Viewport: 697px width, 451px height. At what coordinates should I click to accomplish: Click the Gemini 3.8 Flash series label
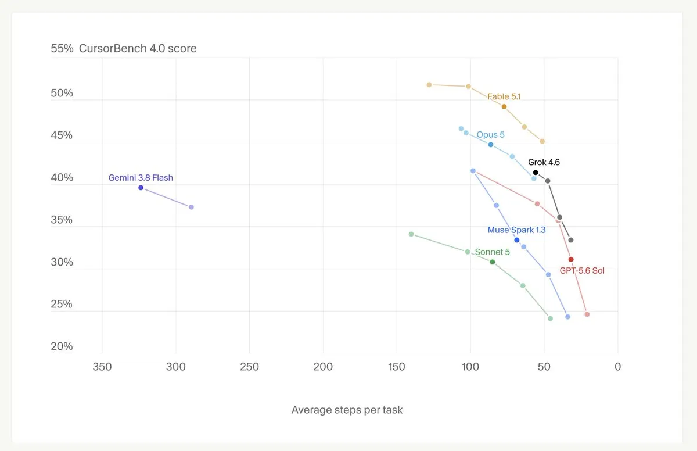[141, 178]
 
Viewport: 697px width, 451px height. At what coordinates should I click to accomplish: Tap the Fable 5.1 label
[504, 97]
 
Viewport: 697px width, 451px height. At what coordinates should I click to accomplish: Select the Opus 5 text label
[490, 135]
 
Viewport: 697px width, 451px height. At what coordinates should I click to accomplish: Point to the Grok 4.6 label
[544, 162]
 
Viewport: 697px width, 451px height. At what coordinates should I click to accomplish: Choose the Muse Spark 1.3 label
[516, 230]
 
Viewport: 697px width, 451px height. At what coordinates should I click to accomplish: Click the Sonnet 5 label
[493, 252]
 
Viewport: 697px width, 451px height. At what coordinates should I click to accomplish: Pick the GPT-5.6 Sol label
[582, 271]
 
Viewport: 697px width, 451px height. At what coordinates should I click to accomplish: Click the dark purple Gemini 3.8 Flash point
[141, 188]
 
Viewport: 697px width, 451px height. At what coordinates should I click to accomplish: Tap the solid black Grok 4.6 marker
[536, 173]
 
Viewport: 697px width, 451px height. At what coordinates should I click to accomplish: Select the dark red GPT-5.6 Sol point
[571, 259]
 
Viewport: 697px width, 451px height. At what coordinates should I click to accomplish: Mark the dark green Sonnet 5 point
[493, 262]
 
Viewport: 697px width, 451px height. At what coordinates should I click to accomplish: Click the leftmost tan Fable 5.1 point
[429, 85]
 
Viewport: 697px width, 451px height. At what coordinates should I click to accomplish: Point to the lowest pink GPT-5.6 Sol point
[587, 314]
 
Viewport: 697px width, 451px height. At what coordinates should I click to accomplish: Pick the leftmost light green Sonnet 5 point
[411, 234]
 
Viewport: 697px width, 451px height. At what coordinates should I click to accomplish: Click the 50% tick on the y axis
[62, 93]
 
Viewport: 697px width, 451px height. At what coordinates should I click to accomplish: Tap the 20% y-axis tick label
[62, 346]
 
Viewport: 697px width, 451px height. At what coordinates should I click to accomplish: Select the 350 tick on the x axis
[102, 367]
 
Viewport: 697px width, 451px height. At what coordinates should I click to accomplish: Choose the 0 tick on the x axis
[617, 367]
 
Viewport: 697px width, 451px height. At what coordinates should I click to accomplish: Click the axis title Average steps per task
[347, 410]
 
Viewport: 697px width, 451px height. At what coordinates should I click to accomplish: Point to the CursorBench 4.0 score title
[138, 49]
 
